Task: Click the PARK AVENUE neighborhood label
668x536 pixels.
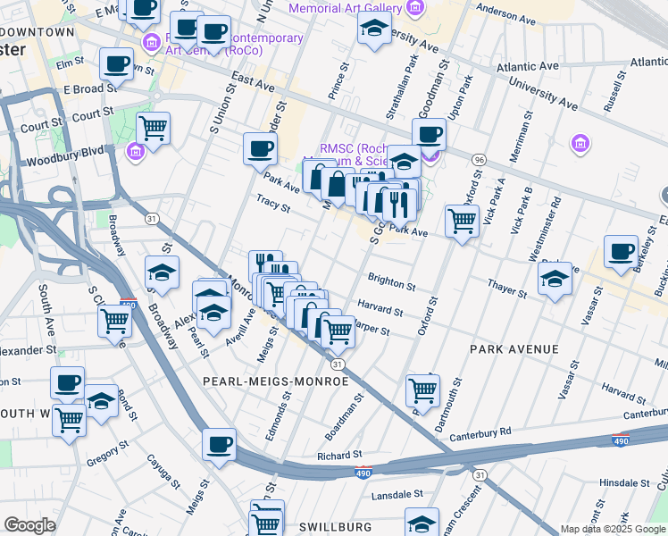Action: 518,349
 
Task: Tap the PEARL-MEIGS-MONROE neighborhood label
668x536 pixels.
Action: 276,381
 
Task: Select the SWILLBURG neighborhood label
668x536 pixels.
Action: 333,526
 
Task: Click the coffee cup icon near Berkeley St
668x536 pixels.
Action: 621,252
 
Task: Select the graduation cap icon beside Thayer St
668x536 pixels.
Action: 555,279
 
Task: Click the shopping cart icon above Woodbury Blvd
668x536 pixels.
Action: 153,128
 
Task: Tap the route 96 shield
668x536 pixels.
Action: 480,159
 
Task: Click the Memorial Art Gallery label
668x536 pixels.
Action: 344,8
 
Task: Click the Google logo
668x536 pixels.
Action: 29,525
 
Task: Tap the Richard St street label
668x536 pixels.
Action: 338,456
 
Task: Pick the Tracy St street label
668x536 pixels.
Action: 273,204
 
